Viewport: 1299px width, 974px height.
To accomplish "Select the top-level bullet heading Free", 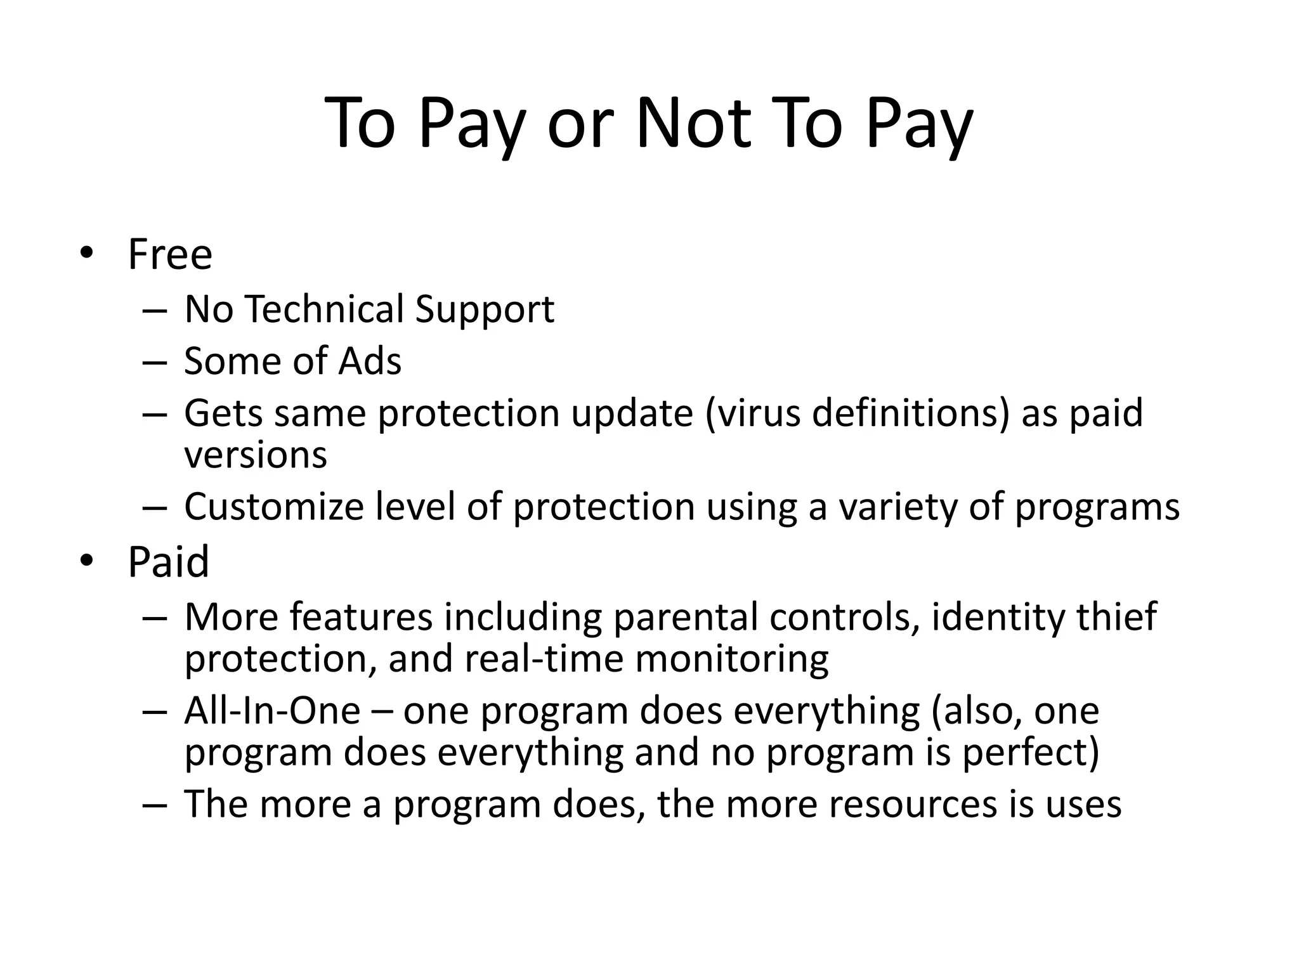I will point(170,254).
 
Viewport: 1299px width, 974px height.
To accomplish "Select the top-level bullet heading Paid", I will point(168,562).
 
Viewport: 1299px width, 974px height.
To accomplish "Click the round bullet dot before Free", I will point(86,253).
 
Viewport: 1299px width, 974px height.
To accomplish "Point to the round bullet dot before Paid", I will point(86,561).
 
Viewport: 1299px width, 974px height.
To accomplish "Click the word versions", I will point(256,455).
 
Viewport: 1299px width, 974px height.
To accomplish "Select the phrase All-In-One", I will point(272,711).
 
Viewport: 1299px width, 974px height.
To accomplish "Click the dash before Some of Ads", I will point(155,362).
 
